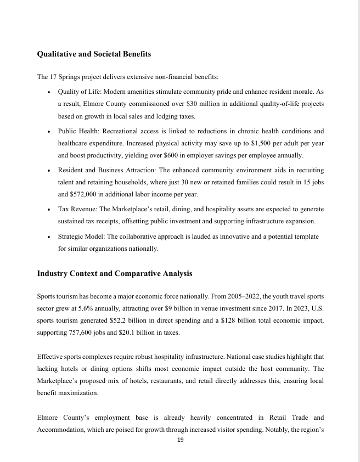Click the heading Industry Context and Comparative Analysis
coord(114,273)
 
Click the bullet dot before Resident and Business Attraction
coord(50,171)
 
